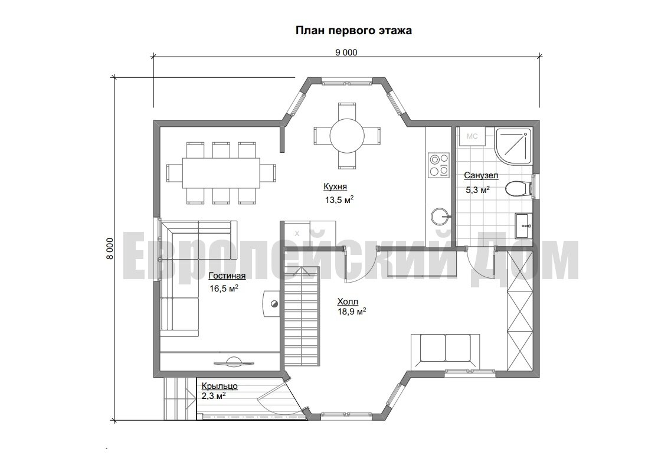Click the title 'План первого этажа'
point(353,31)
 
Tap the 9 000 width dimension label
point(346,53)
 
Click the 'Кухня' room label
point(335,186)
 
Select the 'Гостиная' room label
point(227,276)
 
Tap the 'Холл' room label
point(348,302)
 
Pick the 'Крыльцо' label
point(220,386)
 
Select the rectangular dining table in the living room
point(221,173)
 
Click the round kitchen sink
point(440,217)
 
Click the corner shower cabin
point(513,146)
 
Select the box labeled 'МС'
point(472,136)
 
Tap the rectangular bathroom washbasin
point(524,226)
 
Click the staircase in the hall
point(302,319)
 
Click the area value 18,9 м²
point(352,312)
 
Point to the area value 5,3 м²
point(477,190)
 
